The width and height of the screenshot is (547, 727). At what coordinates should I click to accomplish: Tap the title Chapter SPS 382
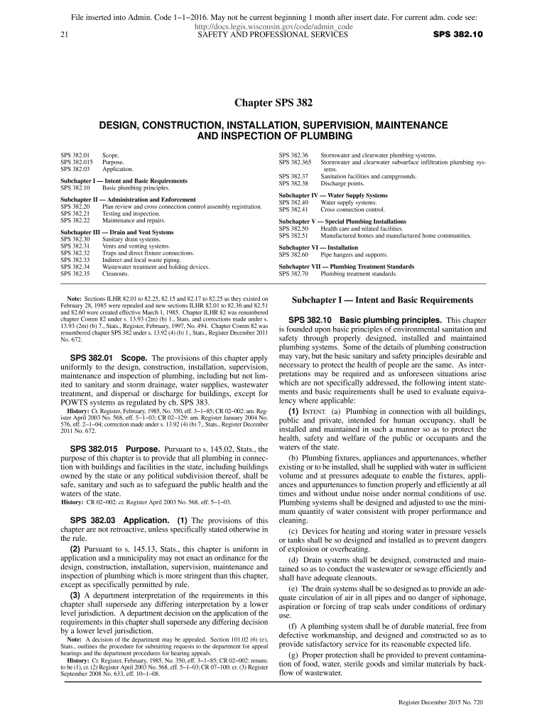click(273, 104)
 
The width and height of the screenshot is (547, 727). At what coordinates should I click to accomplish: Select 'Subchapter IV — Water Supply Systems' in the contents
click(333, 195)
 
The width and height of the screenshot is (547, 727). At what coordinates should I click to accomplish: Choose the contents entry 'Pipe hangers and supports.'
click(354, 253)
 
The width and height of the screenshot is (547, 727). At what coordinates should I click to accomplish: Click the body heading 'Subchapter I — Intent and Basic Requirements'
click(382, 300)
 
